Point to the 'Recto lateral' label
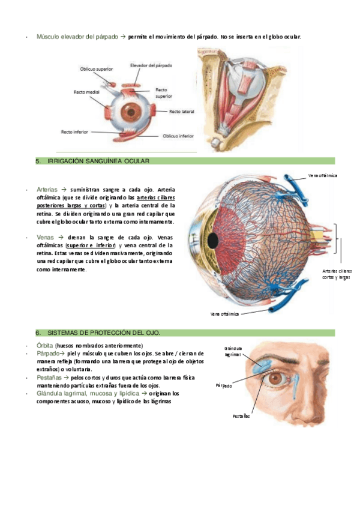tap(182, 111)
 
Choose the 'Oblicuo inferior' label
tap(178, 136)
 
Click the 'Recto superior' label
tap(164, 92)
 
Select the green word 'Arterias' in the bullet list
tap(47, 188)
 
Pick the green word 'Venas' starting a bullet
tap(45, 237)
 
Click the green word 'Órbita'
tap(44, 346)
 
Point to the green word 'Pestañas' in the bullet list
tap(49, 378)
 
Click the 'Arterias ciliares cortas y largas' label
tap(336, 274)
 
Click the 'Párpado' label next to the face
tap(224, 386)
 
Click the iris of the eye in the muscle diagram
tap(130, 112)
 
